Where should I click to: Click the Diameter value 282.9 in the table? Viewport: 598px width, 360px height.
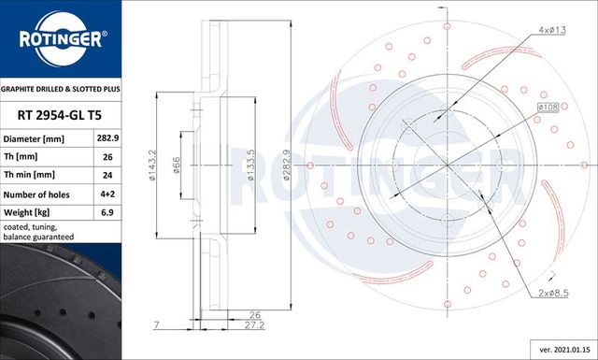107,138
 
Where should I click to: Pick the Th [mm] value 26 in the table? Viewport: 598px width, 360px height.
107,157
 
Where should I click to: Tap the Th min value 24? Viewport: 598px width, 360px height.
107,175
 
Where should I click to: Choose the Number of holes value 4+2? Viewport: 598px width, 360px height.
107,194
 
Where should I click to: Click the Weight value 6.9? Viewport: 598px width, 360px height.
107,211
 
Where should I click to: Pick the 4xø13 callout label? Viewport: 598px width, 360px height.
550,31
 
